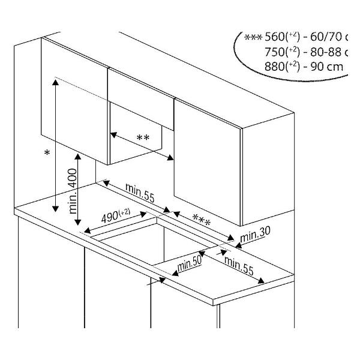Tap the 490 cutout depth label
coord(115,215)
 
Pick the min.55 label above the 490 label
coord(141,194)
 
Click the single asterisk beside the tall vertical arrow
coord(47,154)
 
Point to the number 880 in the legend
coord(276,66)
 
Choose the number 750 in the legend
coord(276,52)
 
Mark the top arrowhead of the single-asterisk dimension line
coord(55,83)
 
